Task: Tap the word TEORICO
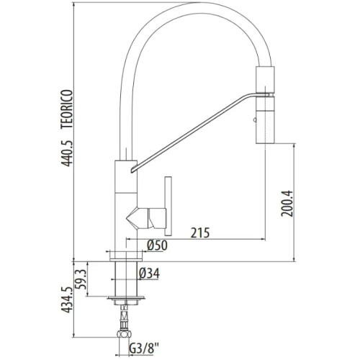point(66,109)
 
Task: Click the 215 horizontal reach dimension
point(200,233)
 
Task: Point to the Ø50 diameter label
point(157,246)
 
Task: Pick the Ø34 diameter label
point(149,273)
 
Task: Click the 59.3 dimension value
point(81,279)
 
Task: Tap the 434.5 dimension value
point(66,300)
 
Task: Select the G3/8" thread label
point(144,348)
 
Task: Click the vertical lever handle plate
point(168,206)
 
